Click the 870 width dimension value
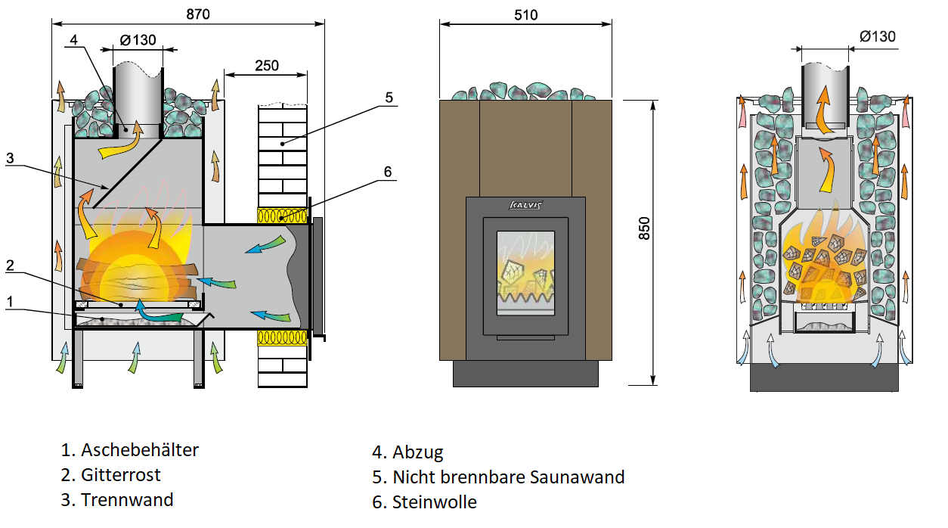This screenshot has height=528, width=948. [197, 14]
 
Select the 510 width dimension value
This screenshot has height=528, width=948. [525, 15]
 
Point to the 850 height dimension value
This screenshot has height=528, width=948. [643, 228]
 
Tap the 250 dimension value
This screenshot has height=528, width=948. [267, 66]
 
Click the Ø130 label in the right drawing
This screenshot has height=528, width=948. [878, 36]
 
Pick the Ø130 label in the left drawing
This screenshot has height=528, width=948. [138, 40]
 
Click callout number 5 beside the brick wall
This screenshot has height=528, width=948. [389, 98]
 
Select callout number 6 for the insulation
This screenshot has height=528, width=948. [388, 172]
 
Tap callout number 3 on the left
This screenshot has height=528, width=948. [10, 158]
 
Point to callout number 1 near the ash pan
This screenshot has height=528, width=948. [10, 302]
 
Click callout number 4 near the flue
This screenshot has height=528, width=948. [73, 40]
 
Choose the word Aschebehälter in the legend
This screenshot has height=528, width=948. [140, 449]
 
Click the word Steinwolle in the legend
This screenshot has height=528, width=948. [434, 502]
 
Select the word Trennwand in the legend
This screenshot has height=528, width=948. [127, 499]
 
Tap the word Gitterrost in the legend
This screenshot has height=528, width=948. [121, 474]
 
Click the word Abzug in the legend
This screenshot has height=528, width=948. [418, 452]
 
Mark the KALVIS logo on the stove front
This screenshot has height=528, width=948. [525, 205]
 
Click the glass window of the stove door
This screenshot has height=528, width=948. [525, 273]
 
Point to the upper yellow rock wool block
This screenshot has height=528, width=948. [282, 216]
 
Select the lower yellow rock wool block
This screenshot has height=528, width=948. [282, 338]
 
